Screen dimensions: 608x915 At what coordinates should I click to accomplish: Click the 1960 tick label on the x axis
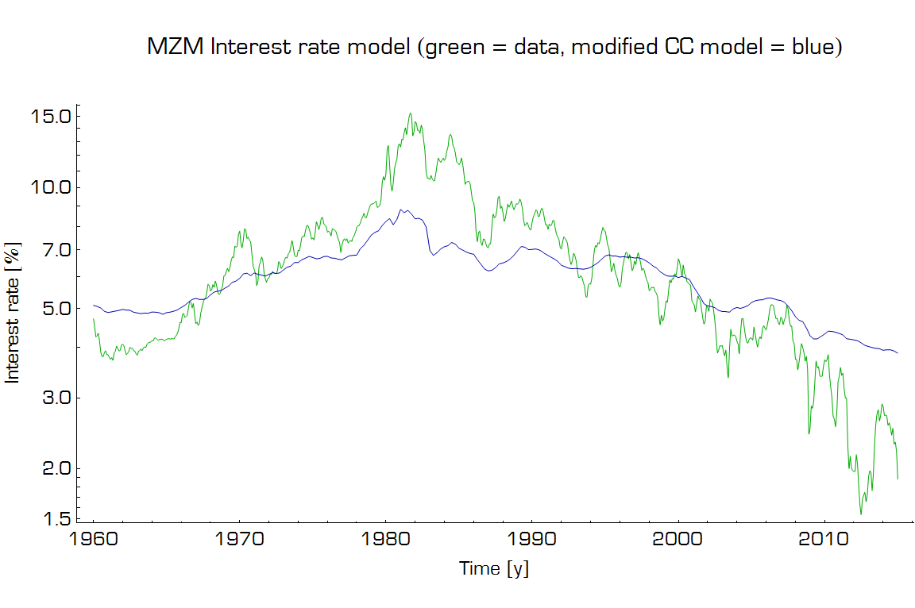[x=94, y=541]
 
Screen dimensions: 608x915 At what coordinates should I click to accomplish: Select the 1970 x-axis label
[x=240, y=541]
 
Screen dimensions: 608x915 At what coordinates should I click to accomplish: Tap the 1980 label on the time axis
[x=386, y=541]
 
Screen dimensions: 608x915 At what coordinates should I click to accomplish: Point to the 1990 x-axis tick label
[x=532, y=541]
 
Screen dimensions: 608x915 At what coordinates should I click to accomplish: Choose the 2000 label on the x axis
[x=678, y=541]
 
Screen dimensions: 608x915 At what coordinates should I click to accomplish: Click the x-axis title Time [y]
[x=493, y=568]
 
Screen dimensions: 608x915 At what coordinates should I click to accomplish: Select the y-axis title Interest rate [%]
[x=13, y=312]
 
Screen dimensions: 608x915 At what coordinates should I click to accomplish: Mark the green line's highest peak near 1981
[x=410, y=113]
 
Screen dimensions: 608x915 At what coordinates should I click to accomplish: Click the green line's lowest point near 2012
[x=860, y=514]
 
